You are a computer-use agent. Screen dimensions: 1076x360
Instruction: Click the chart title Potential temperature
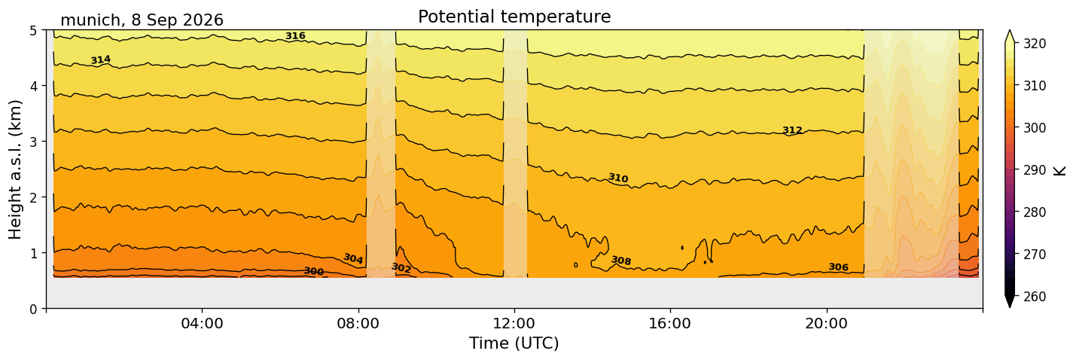(x=514, y=17)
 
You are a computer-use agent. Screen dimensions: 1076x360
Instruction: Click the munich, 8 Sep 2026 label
(x=142, y=20)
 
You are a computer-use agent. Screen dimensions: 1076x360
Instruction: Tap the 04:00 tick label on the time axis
(x=202, y=323)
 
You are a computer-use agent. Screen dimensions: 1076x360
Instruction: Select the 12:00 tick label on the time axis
(x=514, y=323)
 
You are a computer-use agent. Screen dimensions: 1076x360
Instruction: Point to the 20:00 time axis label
(x=826, y=323)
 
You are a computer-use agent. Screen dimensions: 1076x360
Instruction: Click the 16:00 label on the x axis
(x=670, y=323)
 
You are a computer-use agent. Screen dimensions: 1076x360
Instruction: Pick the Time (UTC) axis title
(x=514, y=343)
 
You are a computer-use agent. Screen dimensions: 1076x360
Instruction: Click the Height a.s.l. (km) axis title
(x=15, y=169)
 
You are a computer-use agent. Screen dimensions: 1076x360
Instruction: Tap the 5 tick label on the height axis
(x=33, y=31)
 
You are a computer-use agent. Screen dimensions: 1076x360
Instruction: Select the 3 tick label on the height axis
(x=33, y=142)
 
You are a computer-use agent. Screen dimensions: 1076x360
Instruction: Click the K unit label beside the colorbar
(x=1059, y=171)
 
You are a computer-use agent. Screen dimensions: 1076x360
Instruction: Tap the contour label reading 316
(x=295, y=36)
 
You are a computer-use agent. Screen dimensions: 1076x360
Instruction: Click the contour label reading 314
(x=101, y=60)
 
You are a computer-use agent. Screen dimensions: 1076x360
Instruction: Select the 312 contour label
(x=793, y=130)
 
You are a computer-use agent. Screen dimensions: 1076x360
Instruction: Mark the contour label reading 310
(x=618, y=178)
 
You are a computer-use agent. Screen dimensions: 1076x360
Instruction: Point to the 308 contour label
(x=621, y=261)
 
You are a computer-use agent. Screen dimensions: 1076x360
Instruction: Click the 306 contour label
(x=839, y=267)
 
